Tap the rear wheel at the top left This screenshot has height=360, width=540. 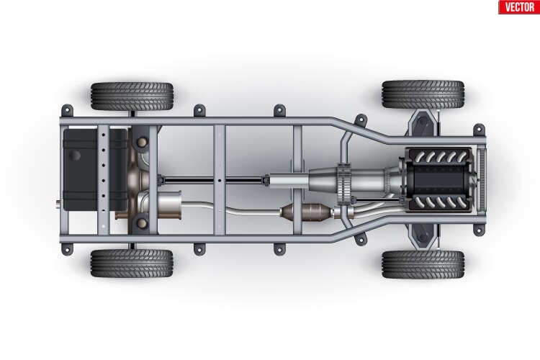pos(132,95)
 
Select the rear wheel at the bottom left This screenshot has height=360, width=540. pos(132,264)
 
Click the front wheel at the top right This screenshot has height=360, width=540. pos(423,94)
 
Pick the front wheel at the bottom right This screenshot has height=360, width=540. pos(423,264)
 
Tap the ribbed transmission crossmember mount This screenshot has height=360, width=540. pos(344,181)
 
